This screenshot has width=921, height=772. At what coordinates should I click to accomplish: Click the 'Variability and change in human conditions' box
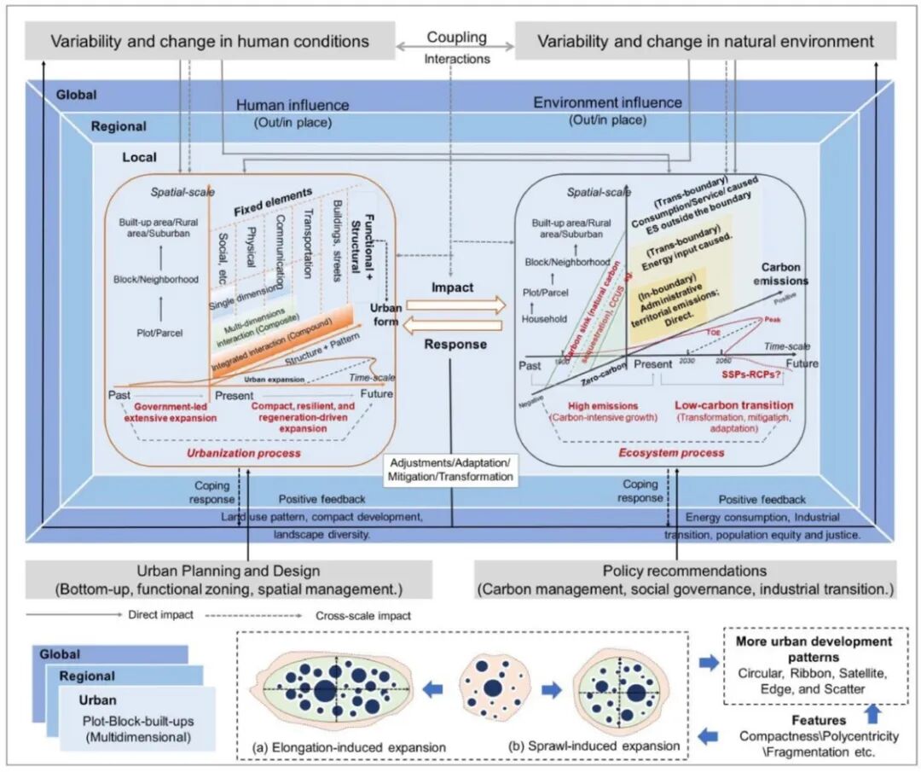tap(210, 41)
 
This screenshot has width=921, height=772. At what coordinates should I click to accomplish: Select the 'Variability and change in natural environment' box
tap(704, 41)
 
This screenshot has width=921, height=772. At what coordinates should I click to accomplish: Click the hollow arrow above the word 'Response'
tap(455, 325)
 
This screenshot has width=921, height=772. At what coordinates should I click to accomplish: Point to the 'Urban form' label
tap(384, 314)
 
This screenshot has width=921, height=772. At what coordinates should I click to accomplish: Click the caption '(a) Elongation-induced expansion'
tap(350, 747)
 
